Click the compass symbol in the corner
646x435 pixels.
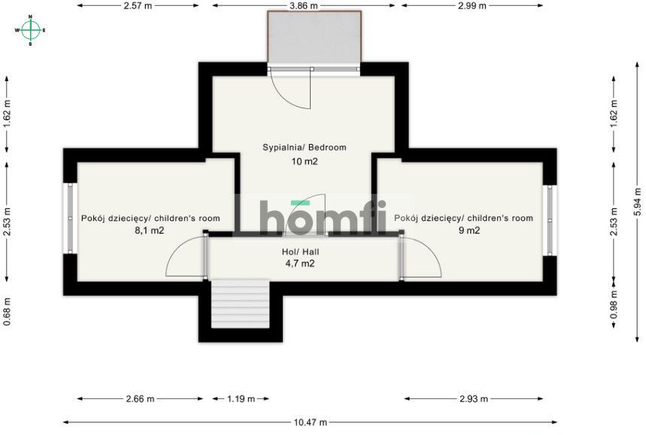coord(30,30)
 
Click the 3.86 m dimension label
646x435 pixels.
coord(304,5)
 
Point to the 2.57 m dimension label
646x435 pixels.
coord(138,5)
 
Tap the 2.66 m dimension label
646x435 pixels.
coord(139,399)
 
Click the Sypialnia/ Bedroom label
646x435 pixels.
coord(304,147)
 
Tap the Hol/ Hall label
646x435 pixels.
coord(299,252)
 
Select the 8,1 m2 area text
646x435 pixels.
coord(150,231)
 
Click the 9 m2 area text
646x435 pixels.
coord(469,231)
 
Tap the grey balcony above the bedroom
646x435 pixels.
coord(314,38)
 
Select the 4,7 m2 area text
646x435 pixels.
coord(299,264)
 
